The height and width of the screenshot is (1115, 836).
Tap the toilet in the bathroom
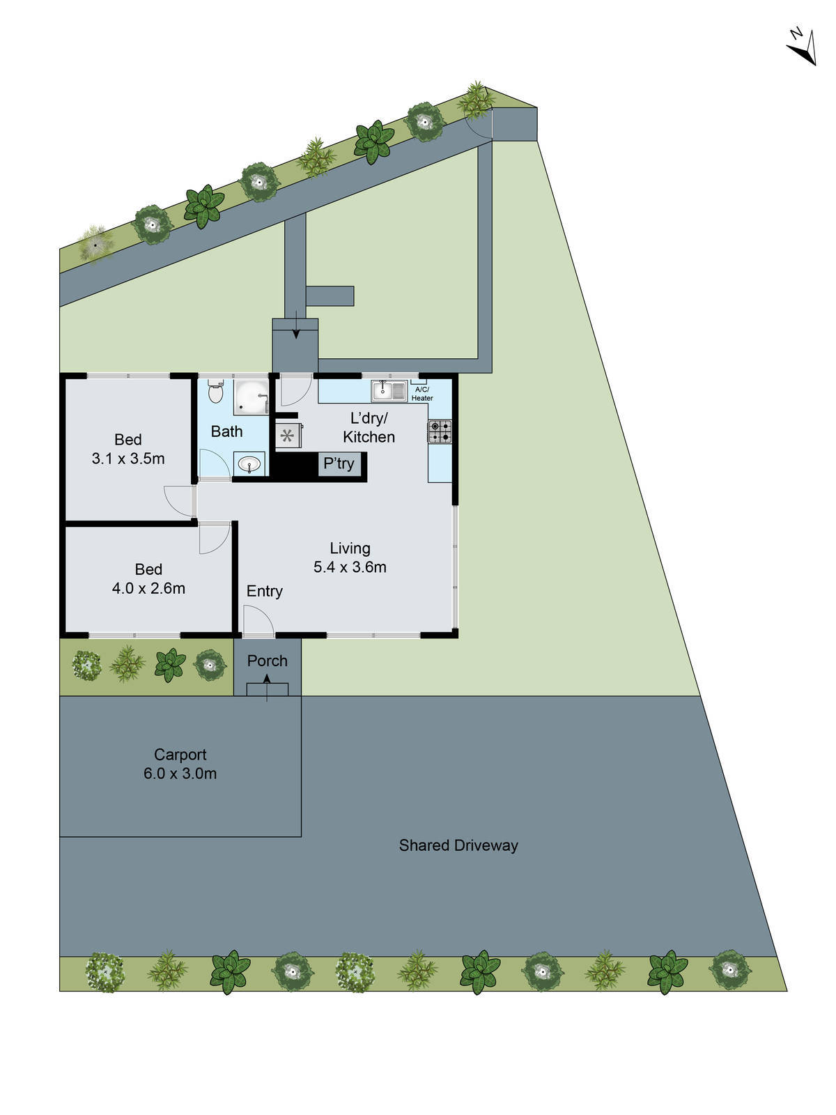tap(215, 392)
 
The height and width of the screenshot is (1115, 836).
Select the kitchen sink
tap(389, 391)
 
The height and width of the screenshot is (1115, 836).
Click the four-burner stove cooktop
tap(440, 432)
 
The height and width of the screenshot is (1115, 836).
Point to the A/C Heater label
tap(421, 394)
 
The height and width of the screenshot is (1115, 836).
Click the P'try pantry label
tap(339, 464)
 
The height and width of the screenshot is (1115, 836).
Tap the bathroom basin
tap(249, 463)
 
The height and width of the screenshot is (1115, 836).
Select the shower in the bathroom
tap(250, 397)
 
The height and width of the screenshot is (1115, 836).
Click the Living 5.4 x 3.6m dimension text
tap(350, 567)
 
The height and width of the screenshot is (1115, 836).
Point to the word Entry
tap(264, 592)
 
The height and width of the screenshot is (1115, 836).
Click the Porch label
tap(268, 661)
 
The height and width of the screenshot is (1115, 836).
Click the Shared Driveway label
tap(458, 846)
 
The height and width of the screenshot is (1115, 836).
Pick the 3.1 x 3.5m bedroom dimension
tap(128, 459)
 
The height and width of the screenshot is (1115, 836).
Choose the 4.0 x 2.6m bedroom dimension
tap(148, 588)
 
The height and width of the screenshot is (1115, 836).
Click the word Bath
tap(226, 432)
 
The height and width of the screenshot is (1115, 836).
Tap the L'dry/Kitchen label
tap(369, 428)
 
